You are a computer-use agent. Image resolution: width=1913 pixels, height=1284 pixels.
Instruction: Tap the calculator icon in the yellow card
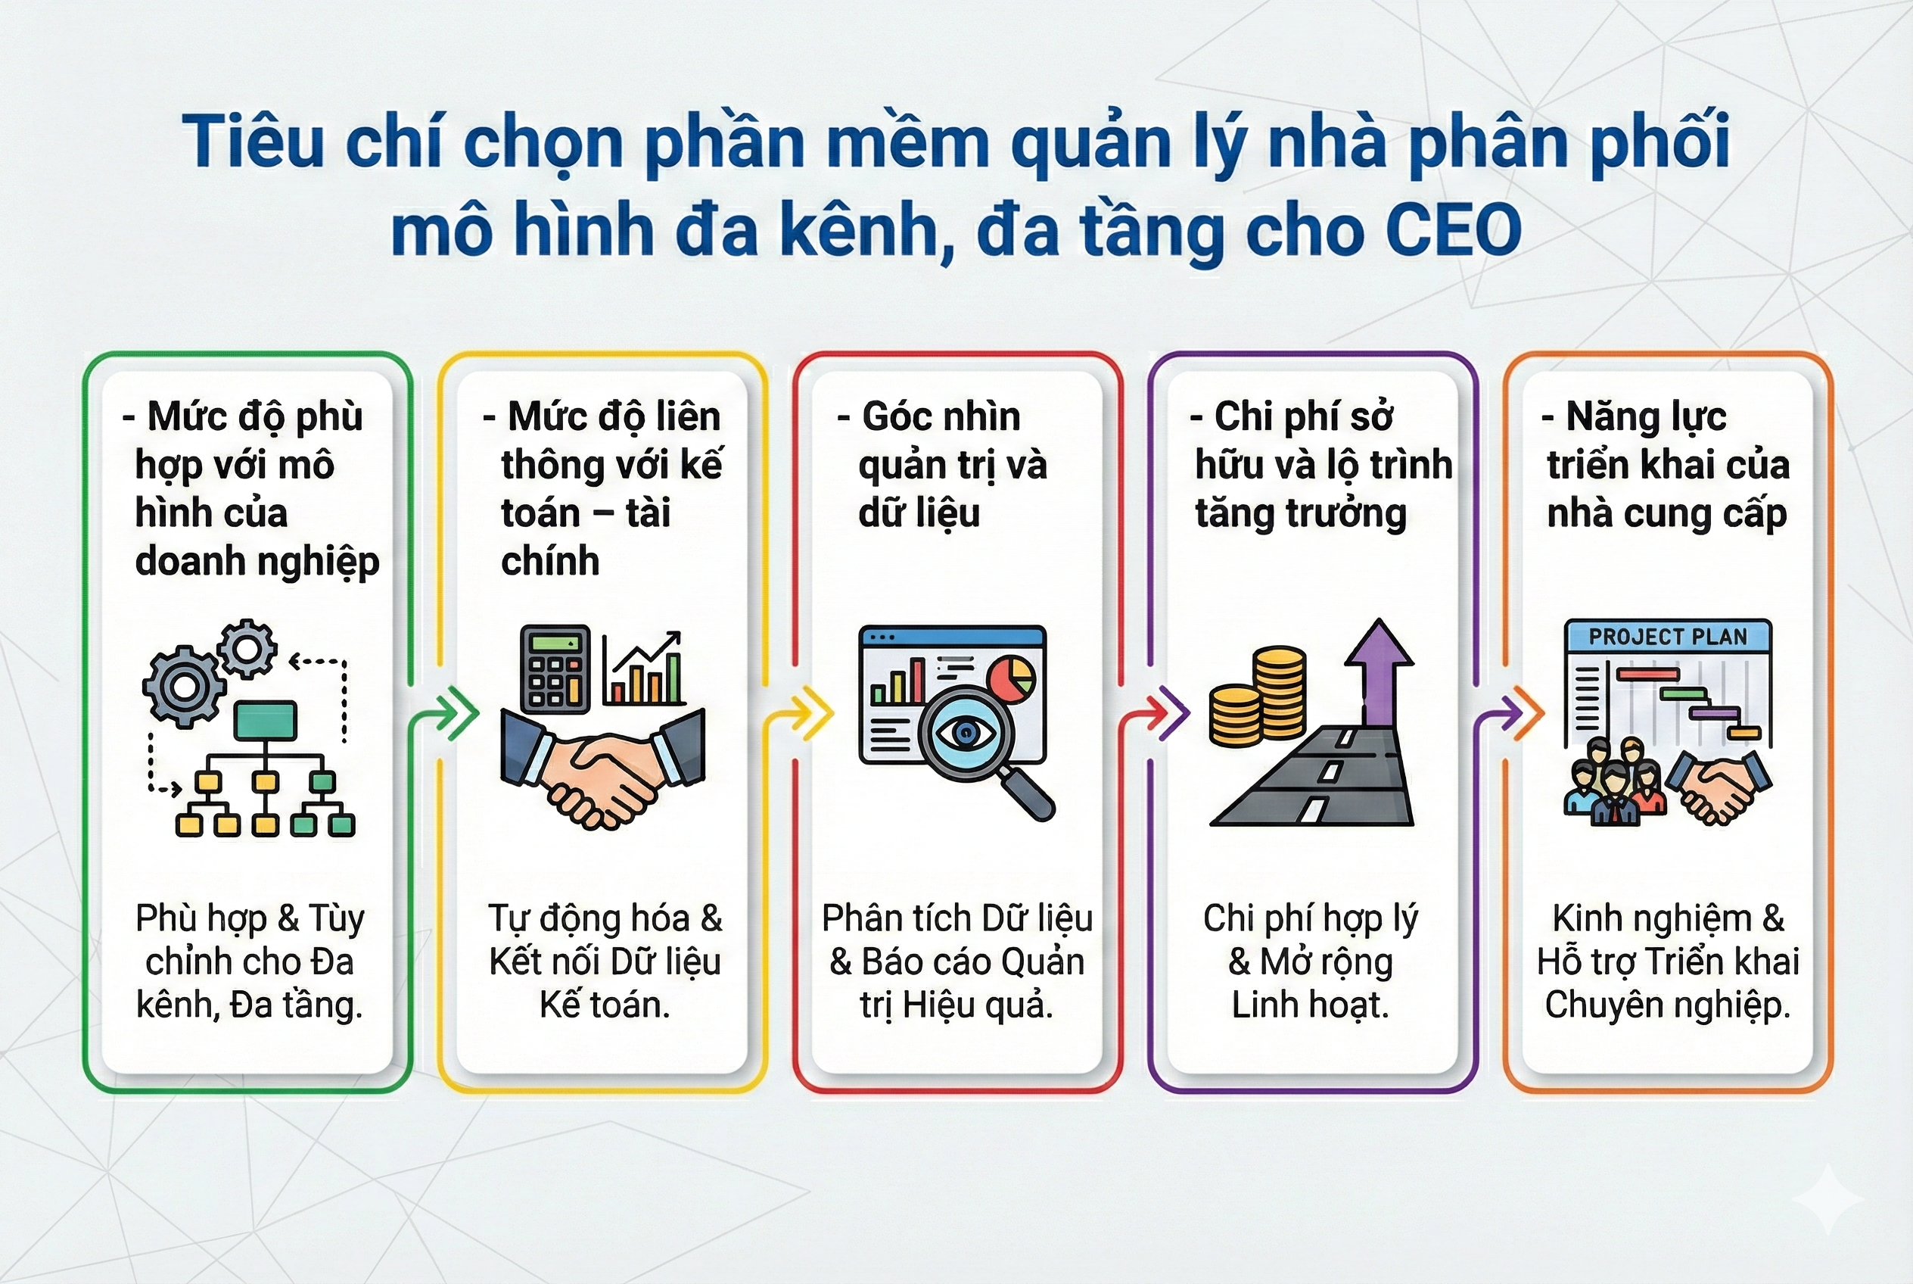coord(555,668)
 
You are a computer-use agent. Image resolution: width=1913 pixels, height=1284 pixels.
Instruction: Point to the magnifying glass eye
coord(966,733)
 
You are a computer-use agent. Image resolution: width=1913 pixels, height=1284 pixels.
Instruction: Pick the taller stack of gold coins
coord(1280,692)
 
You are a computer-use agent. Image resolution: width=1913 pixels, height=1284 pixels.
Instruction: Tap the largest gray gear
coord(184,686)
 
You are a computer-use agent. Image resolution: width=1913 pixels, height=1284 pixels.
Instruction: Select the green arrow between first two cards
coord(454,712)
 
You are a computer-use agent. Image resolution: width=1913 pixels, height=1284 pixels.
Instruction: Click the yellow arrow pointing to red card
coord(810,712)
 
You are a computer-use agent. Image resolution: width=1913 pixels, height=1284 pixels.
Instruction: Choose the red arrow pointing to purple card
coord(1165,712)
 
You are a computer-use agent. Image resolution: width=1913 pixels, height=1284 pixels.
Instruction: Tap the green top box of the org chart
coord(265,721)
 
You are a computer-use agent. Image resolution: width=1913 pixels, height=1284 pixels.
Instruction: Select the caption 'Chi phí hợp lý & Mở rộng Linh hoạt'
coord(1310,961)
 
